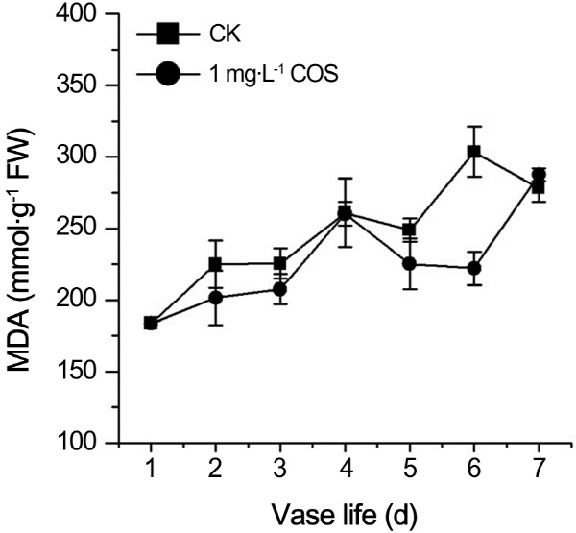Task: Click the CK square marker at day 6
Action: pos(473,152)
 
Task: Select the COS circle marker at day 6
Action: pos(473,269)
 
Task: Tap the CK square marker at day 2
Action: pos(215,264)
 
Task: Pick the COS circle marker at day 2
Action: pos(215,298)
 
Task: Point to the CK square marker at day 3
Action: pos(280,263)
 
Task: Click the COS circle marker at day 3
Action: pos(280,289)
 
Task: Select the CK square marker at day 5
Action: pos(410,230)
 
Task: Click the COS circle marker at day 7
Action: pos(539,176)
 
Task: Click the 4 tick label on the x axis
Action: pos(345,468)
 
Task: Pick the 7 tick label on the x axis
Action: pos(539,468)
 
